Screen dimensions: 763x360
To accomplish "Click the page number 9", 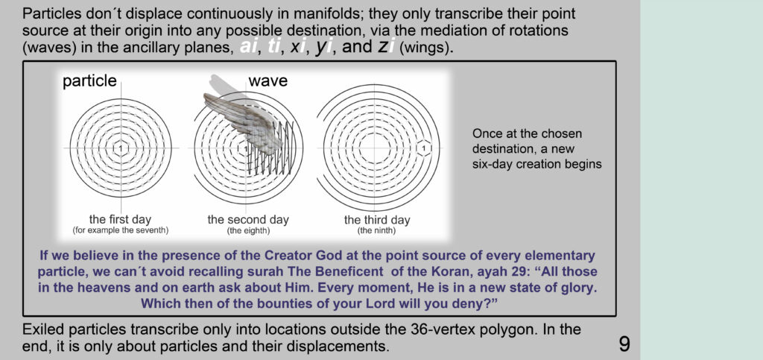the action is (624, 344).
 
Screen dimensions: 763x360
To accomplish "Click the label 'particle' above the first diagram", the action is (89, 80).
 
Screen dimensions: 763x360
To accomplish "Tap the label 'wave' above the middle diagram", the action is (268, 80).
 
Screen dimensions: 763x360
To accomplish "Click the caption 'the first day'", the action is (120, 219).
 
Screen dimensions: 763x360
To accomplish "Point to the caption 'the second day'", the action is (248, 220).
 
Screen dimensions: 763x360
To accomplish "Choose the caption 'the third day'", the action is (377, 220).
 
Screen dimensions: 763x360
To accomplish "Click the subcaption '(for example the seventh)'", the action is (120, 230).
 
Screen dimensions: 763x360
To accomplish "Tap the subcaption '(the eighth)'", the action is (248, 230).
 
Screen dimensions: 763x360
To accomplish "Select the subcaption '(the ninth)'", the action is (377, 230).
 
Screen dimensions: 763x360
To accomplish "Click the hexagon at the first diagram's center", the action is (121, 148).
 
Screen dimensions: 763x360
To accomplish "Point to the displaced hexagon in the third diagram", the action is (424, 148).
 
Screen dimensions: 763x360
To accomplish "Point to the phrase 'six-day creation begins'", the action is (536, 165).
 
